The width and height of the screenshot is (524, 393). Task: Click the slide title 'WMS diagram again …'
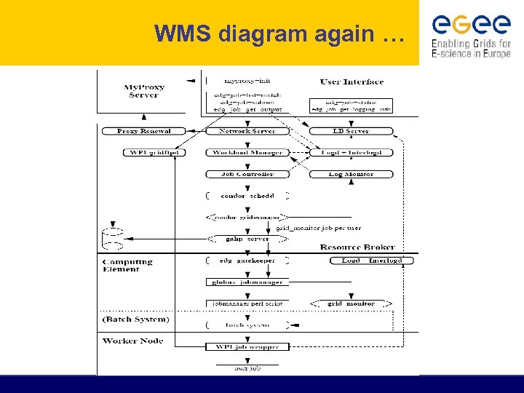pos(279,33)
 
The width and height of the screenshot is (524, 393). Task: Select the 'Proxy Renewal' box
pos(143,131)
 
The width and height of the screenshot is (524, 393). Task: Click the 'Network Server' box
pos(247,131)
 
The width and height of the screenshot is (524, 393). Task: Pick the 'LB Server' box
pos(351,131)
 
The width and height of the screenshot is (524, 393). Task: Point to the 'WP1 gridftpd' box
pos(154,153)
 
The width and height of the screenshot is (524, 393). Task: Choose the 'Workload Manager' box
pos(247,153)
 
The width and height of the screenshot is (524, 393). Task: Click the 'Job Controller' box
pos(247,174)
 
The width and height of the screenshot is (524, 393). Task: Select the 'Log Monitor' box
pos(351,174)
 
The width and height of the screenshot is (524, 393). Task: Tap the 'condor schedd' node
pos(247,196)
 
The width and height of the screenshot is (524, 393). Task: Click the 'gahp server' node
pos(247,239)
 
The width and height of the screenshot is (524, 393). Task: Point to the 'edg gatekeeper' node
pos(247,261)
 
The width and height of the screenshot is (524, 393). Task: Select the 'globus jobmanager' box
pos(247,282)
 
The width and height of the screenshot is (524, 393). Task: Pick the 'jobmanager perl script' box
pos(247,303)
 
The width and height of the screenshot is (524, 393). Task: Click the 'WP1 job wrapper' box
pos(247,346)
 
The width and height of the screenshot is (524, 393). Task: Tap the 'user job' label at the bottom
pos(247,369)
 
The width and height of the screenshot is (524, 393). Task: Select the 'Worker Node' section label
pos(132,341)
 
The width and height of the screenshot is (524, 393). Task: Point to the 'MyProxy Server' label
pos(144,91)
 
